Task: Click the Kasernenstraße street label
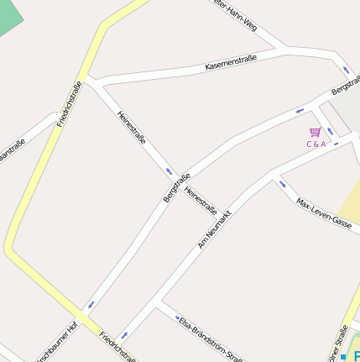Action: (x=231, y=61)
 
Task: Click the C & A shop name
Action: (x=316, y=144)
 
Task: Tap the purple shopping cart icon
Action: (x=316, y=132)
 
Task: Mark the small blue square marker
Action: (x=342, y=357)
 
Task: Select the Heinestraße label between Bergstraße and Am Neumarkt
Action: (x=201, y=200)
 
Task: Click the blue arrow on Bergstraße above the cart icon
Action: (x=300, y=110)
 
